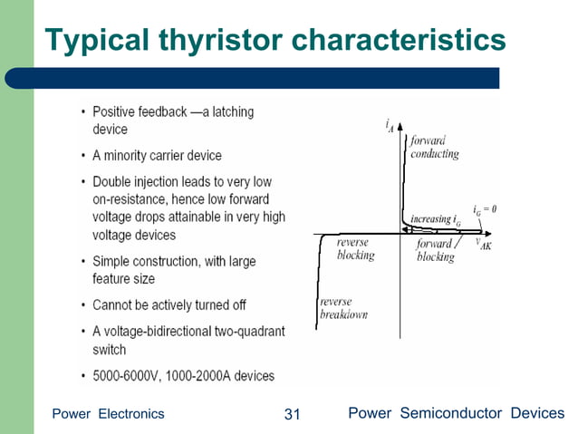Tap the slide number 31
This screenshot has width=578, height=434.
click(x=292, y=414)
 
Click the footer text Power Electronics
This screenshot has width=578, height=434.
click(x=109, y=414)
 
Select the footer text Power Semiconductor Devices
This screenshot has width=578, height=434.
click(x=457, y=414)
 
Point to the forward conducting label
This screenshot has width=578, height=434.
click(x=435, y=148)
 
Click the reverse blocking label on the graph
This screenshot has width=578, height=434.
click(x=354, y=249)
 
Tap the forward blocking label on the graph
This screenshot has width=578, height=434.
click(x=436, y=251)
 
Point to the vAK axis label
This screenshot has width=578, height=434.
click(x=485, y=246)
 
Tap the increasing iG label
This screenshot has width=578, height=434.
click(x=436, y=219)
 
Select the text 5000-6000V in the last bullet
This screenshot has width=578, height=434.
click(x=126, y=375)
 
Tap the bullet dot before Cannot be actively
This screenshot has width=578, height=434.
click(x=83, y=305)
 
